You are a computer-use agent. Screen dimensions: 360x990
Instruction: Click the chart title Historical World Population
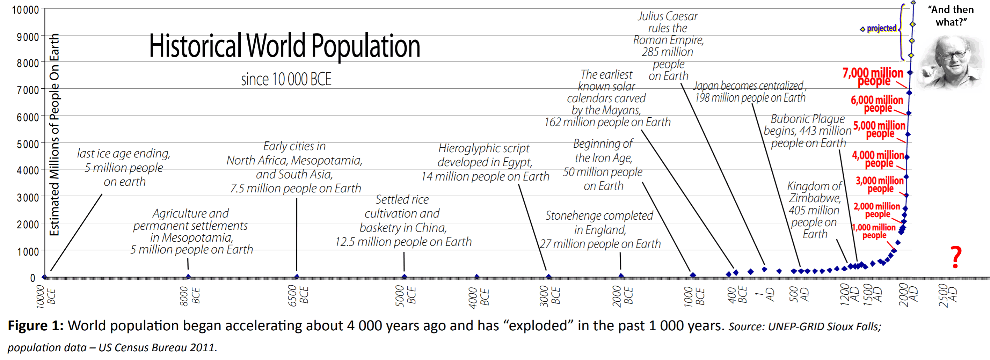pyautogui.click(x=284, y=46)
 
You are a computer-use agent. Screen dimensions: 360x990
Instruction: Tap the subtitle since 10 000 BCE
pyautogui.click(x=286, y=80)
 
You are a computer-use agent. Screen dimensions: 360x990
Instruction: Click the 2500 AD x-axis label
pyautogui.click(x=948, y=295)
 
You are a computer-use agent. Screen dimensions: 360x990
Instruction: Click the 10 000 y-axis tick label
pyautogui.click(x=26, y=10)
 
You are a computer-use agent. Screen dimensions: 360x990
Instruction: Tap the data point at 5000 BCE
pyautogui.click(x=404, y=277)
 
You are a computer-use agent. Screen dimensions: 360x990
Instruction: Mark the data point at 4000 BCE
pyautogui.click(x=476, y=277)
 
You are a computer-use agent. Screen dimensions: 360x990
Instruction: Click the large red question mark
pyautogui.click(x=956, y=257)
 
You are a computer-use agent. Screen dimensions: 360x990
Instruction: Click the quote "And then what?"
pyautogui.click(x=951, y=16)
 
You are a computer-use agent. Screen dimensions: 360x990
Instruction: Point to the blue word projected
pyautogui.click(x=881, y=28)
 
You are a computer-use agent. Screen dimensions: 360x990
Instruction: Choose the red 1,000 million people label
pyautogui.click(x=874, y=231)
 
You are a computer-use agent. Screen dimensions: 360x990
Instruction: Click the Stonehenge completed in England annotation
pyautogui.click(x=599, y=229)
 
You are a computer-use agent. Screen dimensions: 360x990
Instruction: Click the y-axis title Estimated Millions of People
pyautogui.click(x=54, y=134)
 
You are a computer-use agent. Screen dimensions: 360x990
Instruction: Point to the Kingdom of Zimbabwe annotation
pyautogui.click(x=814, y=210)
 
